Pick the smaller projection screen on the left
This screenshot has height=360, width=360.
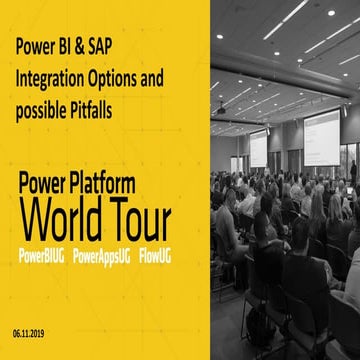pyautogui.click(x=258, y=148)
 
